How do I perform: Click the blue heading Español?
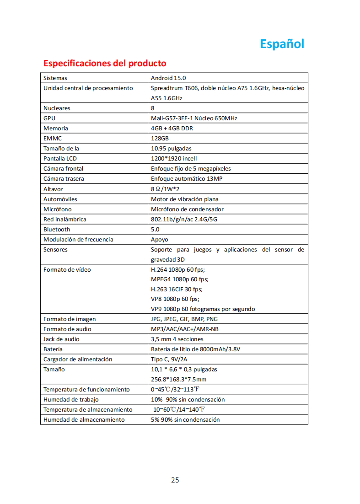pos(282,44)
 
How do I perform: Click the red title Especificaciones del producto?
pos(105,63)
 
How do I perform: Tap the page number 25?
pos(175,480)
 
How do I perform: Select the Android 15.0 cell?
pos(168,78)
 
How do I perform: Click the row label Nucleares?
pos(57,108)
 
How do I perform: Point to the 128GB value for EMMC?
pos(160,139)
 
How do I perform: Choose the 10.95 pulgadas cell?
pos(171,149)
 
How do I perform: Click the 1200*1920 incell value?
pos(173,159)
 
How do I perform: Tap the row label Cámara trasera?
pos(64,179)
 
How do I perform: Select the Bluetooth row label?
pos(57,229)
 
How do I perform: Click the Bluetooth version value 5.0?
pos(155,229)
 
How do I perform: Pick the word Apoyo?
pos(160,239)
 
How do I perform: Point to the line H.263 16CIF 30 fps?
pos(177,289)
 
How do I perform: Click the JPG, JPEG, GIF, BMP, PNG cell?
pos(184,319)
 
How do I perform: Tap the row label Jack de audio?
pos(61,339)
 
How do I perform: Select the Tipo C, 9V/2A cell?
pos(169,359)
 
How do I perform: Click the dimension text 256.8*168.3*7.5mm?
pos(178,380)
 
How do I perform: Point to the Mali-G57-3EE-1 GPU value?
pos(194,118)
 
